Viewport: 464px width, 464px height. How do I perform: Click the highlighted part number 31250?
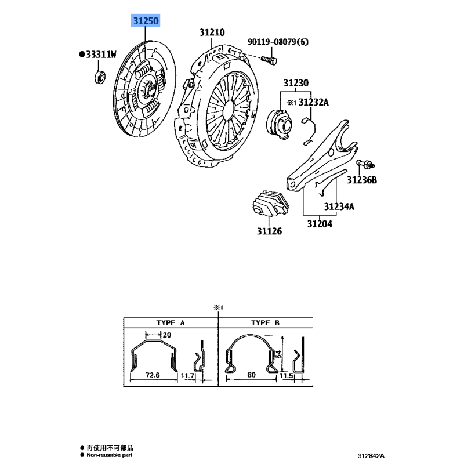click(146, 21)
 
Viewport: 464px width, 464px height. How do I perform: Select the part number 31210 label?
click(212, 32)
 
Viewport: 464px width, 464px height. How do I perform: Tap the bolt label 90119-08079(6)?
click(278, 42)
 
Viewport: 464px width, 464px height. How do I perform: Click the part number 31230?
click(296, 82)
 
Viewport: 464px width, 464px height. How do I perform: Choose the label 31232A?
click(313, 102)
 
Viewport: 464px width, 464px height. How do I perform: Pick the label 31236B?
click(362, 180)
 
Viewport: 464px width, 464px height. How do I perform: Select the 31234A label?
click(339, 206)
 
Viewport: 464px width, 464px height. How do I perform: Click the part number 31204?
click(320, 224)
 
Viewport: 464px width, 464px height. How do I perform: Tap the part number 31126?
click(269, 231)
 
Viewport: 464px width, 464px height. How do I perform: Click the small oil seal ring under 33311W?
click(100, 77)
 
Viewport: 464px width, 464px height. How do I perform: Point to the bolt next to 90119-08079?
click(269, 60)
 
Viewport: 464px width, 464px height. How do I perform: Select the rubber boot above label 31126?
click(271, 204)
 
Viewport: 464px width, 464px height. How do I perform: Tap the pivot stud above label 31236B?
click(365, 164)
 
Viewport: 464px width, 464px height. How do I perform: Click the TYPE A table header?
click(171, 323)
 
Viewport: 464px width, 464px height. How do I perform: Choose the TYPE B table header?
click(265, 323)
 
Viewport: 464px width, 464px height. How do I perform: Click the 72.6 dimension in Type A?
click(153, 375)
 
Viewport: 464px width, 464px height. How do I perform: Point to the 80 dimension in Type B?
click(251, 375)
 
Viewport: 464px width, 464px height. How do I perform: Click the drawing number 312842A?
click(371, 456)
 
